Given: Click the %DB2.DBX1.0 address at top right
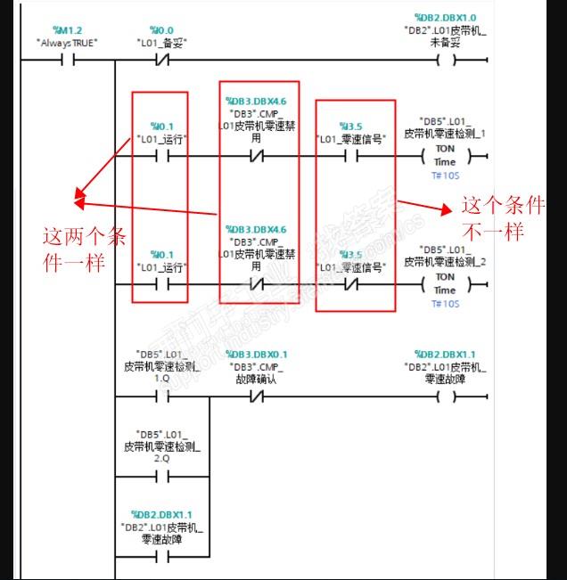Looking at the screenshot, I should pos(445,18).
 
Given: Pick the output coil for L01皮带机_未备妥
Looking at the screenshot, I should pos(445,61).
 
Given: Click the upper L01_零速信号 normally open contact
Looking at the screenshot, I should pos(354,155).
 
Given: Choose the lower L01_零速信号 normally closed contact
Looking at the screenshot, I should pos(354,284).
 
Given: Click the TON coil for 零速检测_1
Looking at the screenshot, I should pos(445,155).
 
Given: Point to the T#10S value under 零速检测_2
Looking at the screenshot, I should pos(445,304).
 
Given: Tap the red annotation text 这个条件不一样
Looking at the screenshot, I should pos(503,217).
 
